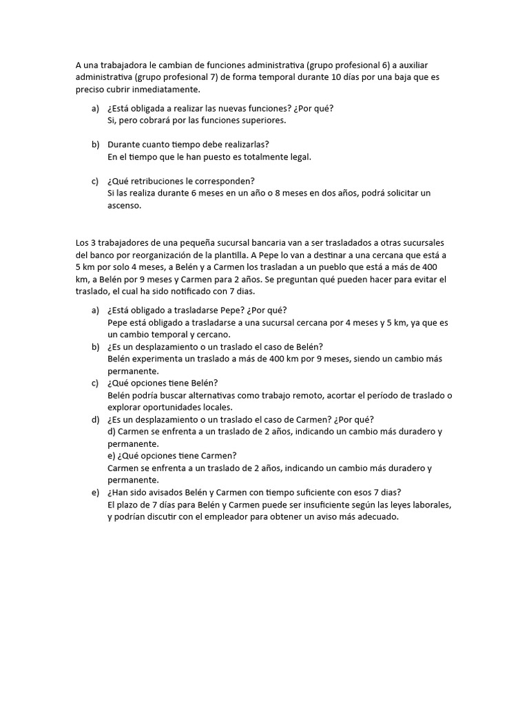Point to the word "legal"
click(298, 156)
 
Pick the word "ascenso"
click(123, 206)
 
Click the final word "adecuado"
click(377, 518)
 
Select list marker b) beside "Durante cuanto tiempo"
click(95, 144)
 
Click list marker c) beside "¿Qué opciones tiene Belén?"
click(95, 383)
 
